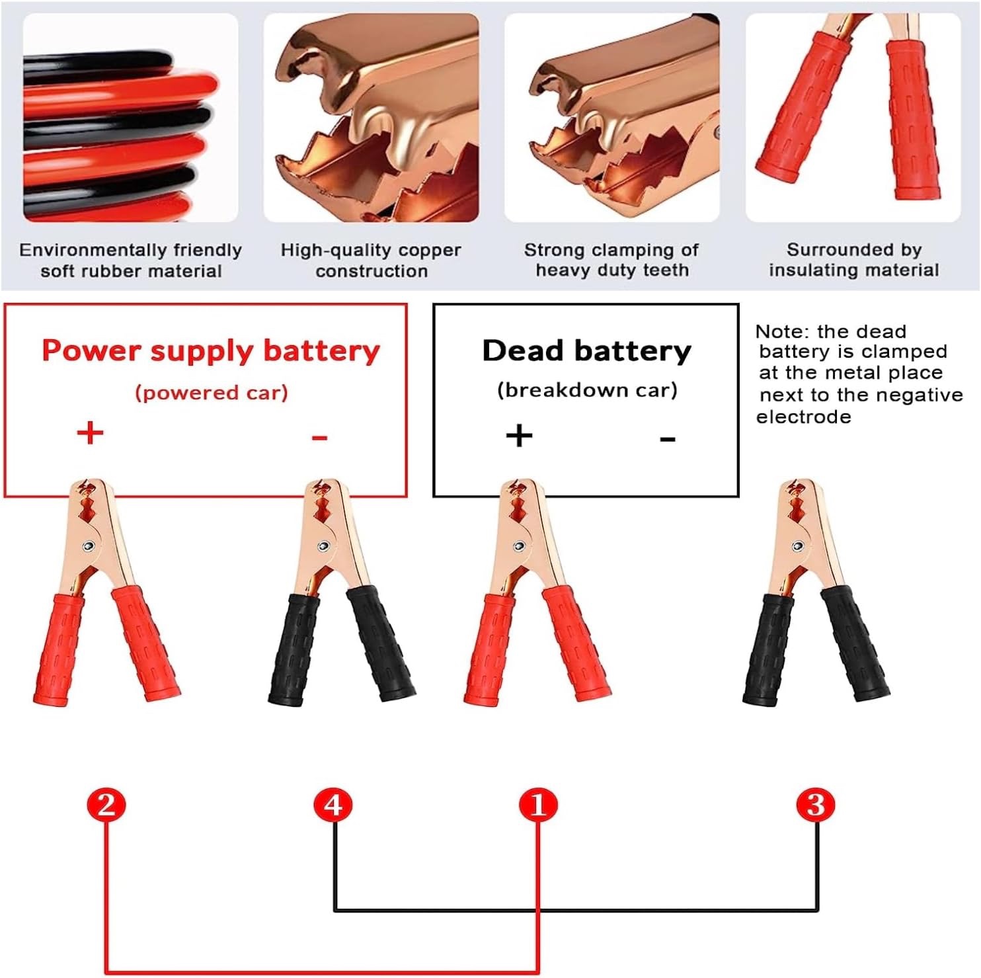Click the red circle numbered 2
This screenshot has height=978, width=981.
[106, 805]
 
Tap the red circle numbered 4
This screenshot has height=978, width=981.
[333, 805]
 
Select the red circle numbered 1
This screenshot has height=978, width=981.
[538, 805]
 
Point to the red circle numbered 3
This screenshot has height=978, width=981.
[816, 805]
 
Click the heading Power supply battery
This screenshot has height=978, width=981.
[211, 350]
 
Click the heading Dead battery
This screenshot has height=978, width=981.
[586, 350]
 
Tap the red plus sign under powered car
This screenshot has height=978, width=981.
[91, 433]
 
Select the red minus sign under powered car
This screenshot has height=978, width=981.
[320, 437]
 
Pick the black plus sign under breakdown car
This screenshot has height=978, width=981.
[519, 435]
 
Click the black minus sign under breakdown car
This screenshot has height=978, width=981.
[668, 438]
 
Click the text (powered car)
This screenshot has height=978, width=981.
[212, 393]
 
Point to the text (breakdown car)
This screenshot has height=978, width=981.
[587, 390]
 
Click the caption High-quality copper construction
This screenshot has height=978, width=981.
[371, 261]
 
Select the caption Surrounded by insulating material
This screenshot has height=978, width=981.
[853, 260]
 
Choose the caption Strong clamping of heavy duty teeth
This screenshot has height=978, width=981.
[611, 260]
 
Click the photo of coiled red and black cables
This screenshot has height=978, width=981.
[130, 118]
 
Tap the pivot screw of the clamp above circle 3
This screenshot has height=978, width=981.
[798, 546]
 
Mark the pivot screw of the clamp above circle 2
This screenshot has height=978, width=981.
[88, 546]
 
